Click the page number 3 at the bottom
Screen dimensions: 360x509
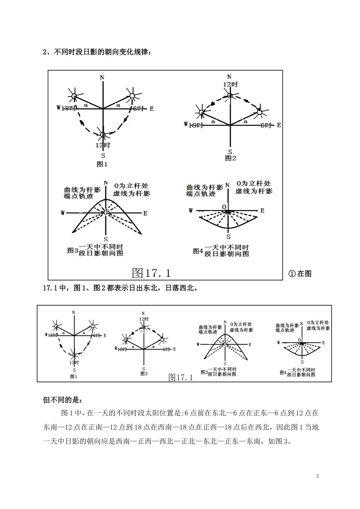318,476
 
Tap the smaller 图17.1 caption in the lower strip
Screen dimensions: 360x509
181,377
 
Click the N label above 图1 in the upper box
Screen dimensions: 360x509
102,78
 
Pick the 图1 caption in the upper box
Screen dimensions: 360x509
102,164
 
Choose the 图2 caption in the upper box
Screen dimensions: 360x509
230,158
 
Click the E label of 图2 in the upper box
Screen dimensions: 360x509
279,125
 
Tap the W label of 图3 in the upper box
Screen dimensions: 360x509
63,213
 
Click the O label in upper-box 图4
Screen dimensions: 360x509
225,207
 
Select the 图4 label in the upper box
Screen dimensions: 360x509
198,251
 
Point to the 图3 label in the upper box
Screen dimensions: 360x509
72,250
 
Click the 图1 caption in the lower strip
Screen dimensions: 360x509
74,376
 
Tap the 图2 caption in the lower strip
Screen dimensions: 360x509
144,373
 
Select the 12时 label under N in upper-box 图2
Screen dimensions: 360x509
230,84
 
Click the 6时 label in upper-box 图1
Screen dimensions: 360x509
138,109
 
